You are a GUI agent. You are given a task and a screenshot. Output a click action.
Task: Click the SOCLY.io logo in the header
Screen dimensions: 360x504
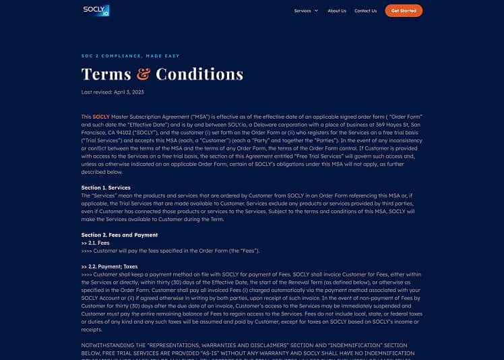96,10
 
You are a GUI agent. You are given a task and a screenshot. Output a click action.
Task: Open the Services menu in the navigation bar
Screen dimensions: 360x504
303,11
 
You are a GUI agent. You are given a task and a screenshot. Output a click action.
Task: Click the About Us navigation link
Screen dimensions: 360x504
337,11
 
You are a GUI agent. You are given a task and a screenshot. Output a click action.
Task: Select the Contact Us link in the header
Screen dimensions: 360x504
365,11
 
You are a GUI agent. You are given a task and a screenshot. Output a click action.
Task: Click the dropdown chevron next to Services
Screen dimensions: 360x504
316,11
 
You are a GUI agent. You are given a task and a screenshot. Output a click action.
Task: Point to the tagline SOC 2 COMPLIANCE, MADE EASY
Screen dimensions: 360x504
131,56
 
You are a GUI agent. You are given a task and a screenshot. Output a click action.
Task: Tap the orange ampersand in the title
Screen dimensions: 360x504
143,74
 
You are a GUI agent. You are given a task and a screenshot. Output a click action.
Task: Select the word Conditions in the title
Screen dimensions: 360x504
199,74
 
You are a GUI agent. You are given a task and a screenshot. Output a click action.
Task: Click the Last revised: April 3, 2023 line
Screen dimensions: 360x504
113,92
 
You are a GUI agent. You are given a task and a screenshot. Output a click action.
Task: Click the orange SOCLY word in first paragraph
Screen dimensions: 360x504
101,117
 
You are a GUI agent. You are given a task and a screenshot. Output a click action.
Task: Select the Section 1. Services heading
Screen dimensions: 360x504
106,187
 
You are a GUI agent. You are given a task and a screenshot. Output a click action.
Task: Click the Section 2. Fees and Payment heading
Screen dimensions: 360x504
119,235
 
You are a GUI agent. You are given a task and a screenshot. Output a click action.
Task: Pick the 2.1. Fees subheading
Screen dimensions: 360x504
96,243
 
